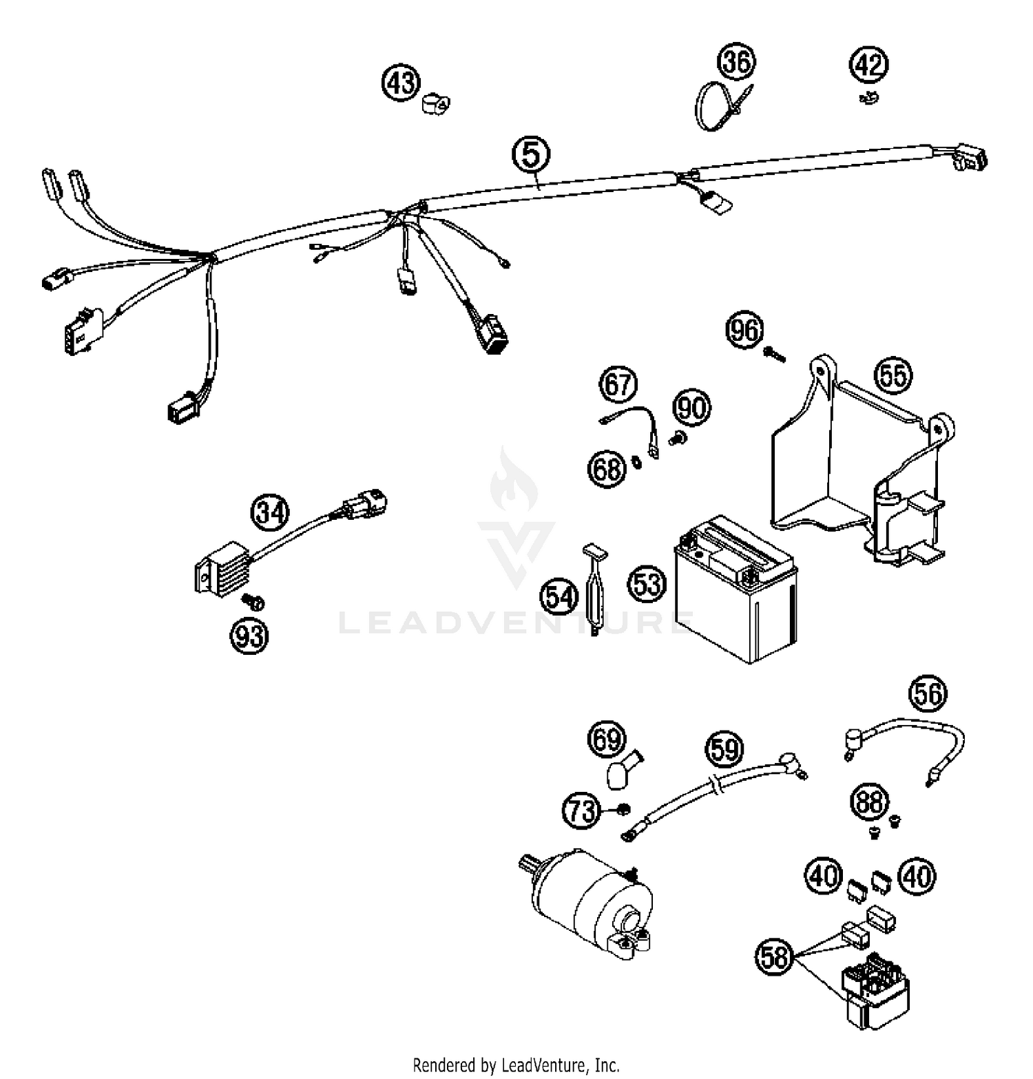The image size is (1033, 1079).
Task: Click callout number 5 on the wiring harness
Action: point(531,155)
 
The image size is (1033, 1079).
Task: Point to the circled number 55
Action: point(893,376)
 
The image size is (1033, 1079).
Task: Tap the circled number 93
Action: point(249,636)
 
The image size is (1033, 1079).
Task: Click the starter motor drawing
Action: point(592,905)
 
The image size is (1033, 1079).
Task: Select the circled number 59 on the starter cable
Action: point(724,748)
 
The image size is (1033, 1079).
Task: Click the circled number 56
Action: point(928,694)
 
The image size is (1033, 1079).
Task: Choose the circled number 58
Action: point(775,956)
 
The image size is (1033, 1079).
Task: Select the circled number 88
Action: point(870,803)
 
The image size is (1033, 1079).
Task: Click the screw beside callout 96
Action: point(774,354)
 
